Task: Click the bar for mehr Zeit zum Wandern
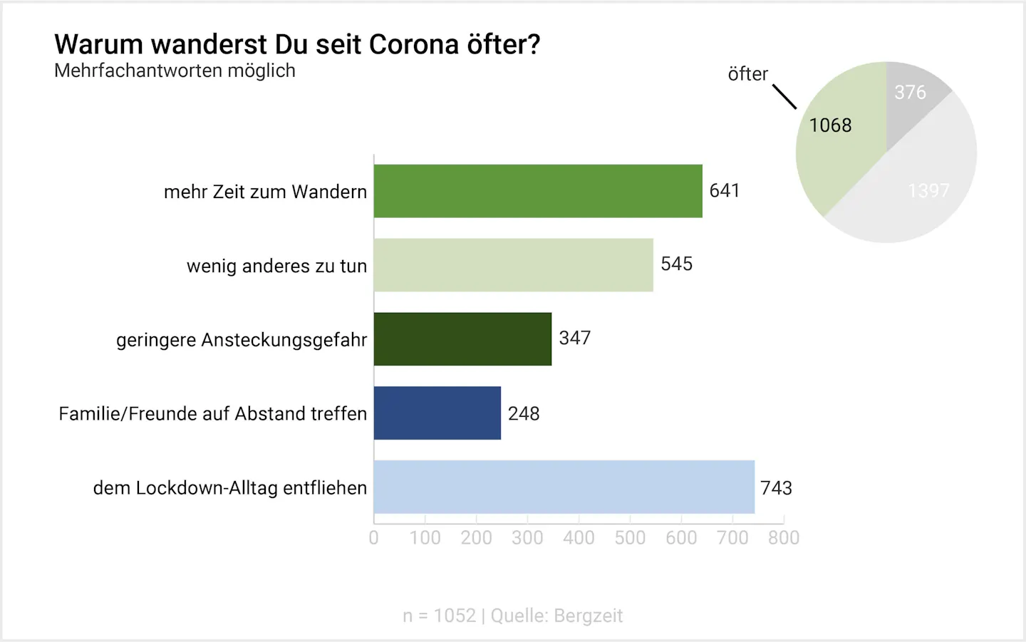(538, 191)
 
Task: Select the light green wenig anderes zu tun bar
(513, 265)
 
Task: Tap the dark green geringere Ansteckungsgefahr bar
(462, 339)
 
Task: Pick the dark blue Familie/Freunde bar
(437, 413)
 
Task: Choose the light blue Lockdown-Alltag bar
(564, 487)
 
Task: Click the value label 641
(725, 191)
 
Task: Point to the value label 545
(676, 264)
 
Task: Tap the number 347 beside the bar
(574, 338)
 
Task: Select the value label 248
(524, 414)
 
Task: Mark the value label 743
(776, 488)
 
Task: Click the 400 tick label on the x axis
(579, 538)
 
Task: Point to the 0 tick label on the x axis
(373, 538)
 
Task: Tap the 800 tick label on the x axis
(784, 538)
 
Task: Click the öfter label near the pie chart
(747, 74)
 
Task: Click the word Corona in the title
(414, 45)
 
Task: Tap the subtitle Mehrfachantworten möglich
(175, 71)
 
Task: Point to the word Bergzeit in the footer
(588, 616)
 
